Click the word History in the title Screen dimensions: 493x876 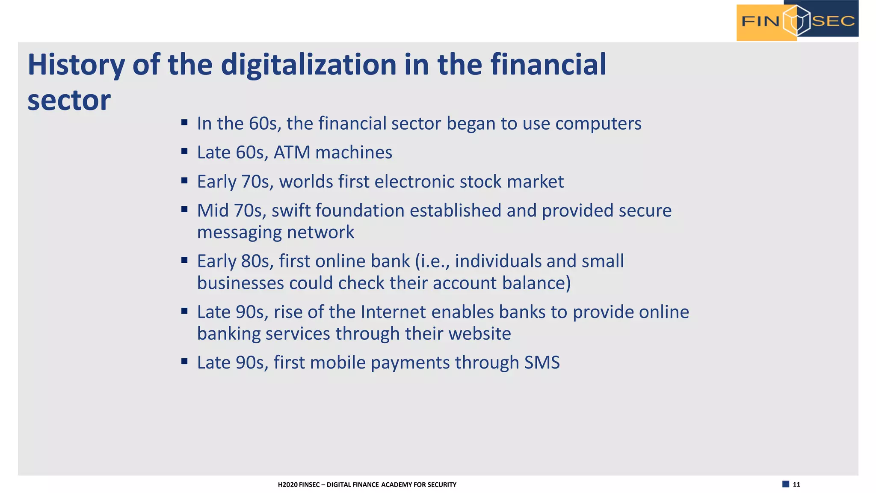(x=76, y=65)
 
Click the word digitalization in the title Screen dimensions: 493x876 (x=308, y=65)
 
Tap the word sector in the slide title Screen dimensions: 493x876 (x=69, y=101)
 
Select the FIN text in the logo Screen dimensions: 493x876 (x=760, y=21)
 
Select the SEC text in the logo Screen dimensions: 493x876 (x=833, y=21)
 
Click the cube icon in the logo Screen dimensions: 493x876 (x=796, y=21)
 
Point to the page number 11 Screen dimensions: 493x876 (x=796, y=484)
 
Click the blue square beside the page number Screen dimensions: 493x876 (x=785, y=484)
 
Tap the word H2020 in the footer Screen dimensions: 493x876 (x=288, y=485)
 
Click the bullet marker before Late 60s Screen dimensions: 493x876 (x=184, y=151)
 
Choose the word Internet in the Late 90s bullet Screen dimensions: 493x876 (x=393, y=312)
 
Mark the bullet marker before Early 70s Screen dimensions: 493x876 (x=184, y=181)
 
